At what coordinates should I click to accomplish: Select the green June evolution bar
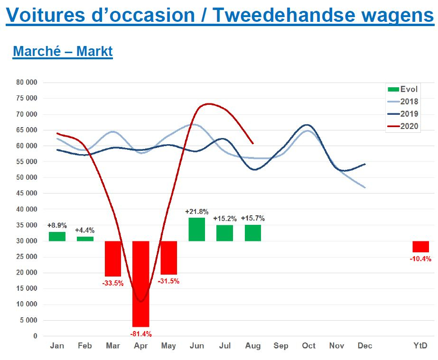coord(196,229)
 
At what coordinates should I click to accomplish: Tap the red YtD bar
coord(420,247)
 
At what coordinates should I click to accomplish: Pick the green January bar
coord(57,236)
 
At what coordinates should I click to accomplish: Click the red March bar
coord(113,258)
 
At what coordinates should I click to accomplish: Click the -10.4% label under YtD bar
coord(420,258)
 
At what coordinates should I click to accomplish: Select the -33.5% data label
coord(113,283)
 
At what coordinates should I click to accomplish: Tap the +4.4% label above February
coord(85,231)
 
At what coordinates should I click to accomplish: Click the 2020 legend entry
coord(403,126)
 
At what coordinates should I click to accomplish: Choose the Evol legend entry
coord(403,89)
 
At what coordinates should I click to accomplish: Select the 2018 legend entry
coord(403,102)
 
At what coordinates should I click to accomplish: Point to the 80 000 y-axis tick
coord(27,82)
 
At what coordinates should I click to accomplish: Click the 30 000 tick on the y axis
coord(27,241)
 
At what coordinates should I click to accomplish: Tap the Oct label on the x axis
coord(308,346)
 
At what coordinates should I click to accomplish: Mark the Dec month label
coord(365,346)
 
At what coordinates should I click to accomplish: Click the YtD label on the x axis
coord(420,346)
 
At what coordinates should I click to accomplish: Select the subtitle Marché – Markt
coord(63,51)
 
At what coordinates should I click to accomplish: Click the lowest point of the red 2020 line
coord(140,301)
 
